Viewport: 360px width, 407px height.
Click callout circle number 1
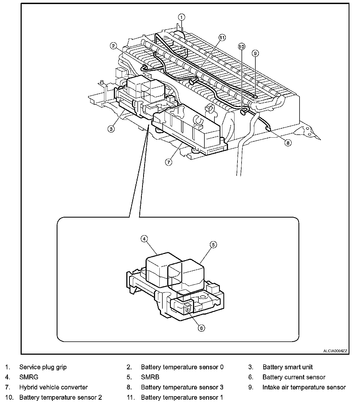click(181, 17)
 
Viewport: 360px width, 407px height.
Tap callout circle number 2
click(113, 46)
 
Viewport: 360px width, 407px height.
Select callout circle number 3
click(111, 129)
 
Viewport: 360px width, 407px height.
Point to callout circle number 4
click(144, 239)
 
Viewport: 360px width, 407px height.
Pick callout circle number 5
click(213, 245)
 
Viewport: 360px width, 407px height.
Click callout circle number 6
click(201, 328)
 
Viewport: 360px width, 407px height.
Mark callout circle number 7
click(169, 162)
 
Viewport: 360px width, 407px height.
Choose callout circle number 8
click(288, 143)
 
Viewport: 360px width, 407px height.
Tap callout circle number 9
click(255, 53)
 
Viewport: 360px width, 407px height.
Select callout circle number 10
click(241, 47)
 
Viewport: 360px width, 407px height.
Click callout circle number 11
click(222, 38)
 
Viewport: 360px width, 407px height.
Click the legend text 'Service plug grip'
click(43, 367)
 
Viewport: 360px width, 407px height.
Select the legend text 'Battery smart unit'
click(287, 367)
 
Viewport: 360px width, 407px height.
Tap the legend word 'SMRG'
click(29, 377)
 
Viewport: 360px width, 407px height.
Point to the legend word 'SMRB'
click(150, 377)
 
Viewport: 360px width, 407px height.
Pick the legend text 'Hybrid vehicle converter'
click(53, 387)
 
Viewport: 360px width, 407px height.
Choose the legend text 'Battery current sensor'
click(294, 377)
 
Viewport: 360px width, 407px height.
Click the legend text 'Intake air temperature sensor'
click(304, 387)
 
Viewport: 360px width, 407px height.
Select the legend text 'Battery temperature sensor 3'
click(182, 387)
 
